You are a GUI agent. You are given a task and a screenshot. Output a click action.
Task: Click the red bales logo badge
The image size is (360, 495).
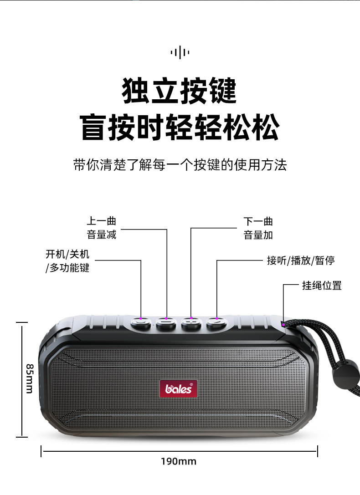tap(179, 388)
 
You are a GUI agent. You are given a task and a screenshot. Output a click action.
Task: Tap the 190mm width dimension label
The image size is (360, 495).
tap(178, 461)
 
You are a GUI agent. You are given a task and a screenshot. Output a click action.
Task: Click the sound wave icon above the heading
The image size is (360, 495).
tap(180, 52)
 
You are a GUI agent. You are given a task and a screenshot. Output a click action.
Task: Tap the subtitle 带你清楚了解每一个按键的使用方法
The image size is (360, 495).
tap(180, 164)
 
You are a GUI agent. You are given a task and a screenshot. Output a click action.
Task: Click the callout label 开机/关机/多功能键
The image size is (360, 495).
tap(67, 261)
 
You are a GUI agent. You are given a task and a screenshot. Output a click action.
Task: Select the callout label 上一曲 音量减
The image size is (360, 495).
tap(102, 228)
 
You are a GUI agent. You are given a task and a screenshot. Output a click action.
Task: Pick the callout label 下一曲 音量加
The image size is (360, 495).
tap(258, 228)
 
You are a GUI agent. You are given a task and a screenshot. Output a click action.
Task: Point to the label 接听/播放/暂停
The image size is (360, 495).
tap(301, 260)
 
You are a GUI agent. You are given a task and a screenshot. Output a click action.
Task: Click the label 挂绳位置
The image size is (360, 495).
tap(322, 286)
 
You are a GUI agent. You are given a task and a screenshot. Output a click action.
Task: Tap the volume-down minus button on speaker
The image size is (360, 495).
tap(166, 324)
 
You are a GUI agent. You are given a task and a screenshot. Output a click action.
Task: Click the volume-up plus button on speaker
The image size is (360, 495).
tap(191, 324)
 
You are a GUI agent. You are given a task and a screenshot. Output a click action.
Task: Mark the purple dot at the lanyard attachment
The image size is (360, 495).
tap(283, 325)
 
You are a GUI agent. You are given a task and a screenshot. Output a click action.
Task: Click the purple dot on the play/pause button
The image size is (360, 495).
tap(217, 318)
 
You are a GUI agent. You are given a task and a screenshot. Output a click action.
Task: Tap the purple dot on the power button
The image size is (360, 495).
tap(141, 318)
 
